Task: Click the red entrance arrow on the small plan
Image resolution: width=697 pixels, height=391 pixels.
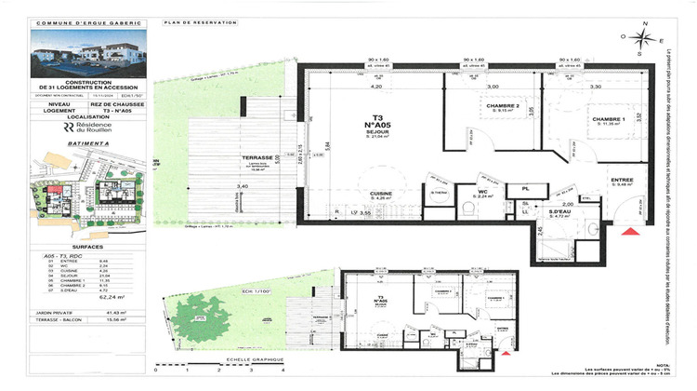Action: tap(503, 352)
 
